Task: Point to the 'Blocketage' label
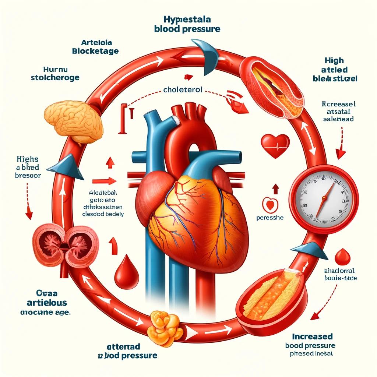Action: (x=95, y=51)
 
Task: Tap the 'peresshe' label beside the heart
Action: (x=270, y=218)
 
